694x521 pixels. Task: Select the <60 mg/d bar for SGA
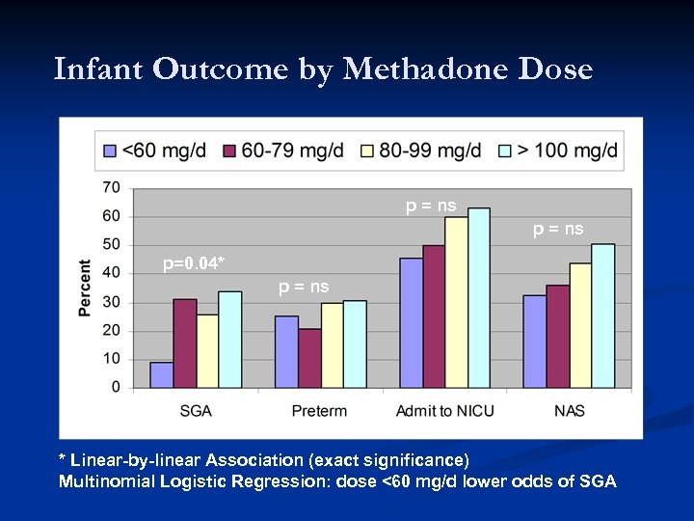(x=162, y=375)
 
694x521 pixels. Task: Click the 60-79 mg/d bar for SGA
(x=185, y=344)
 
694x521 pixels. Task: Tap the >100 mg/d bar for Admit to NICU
(x=479, y=299)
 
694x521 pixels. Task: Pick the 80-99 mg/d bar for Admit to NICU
(x=456, y=303)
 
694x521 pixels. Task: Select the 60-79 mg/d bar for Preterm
(x=309, y=359)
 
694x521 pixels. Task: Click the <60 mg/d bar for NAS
(x=534, y=342)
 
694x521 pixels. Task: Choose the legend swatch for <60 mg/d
(x=111, y=151)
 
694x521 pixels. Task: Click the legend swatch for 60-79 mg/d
(x=230, y=151)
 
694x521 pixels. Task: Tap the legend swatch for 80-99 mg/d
(x=368, y=151)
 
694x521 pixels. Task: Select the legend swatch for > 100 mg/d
(x=505, y=151)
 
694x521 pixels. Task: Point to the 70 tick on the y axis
(x=111, y=186)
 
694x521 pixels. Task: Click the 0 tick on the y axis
(x=116, y=388)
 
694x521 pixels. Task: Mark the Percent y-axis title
(x=85, y=288)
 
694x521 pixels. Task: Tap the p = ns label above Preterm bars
(x=304, y=287)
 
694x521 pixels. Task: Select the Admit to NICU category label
(x=444, y=412)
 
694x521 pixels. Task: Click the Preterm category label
(x=319, y=412)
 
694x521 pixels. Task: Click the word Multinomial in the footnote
(x=104, y=481)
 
